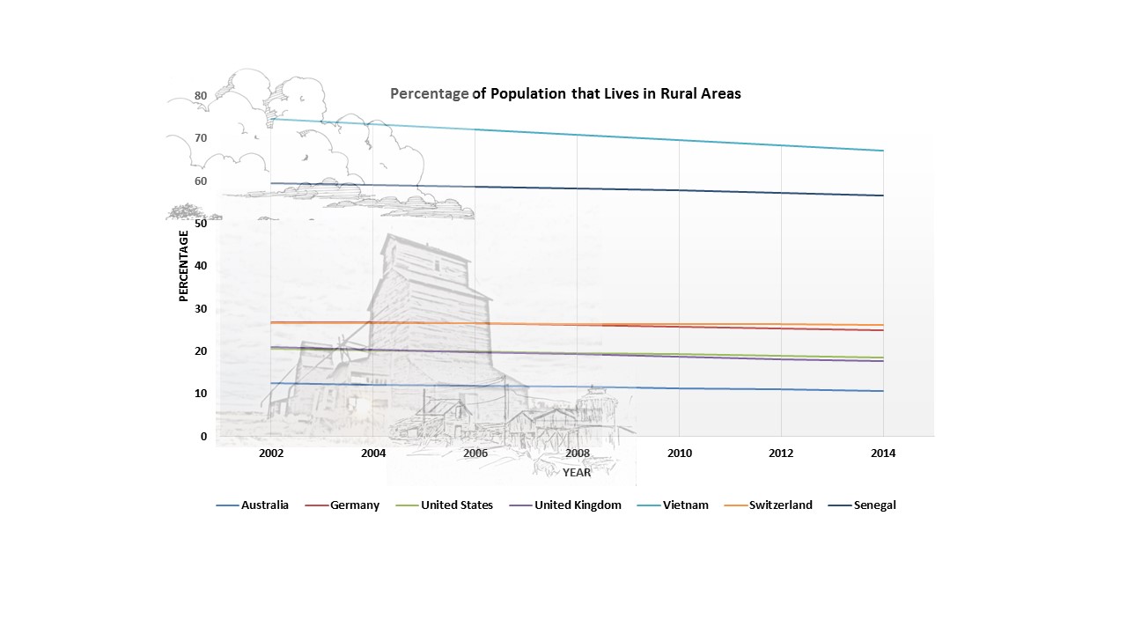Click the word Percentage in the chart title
click(430, 94)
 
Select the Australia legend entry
click(265, 505)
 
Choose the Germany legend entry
click(355, 505)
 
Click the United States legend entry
click(456, 505)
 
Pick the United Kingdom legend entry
click(578, 505)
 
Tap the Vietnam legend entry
click(686, 505)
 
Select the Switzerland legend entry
click(780, 505)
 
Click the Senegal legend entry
click(874, 505)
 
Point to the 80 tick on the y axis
click(201, 96)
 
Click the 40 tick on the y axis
click(201, 266)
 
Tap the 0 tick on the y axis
click(203, 437)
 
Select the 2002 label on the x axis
click(271, 453)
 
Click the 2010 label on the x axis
click(679, 453)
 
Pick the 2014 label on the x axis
click(883, 453)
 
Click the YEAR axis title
click(578, 473)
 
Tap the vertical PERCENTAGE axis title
click(184, 266)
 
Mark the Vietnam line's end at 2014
click(883, 151)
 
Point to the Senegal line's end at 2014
click(883, 195)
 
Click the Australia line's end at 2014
click(883, 391)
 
